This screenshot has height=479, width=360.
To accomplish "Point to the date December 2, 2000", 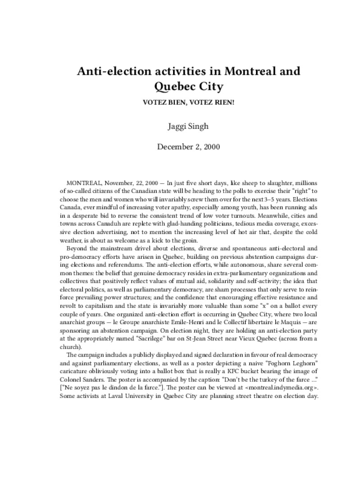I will coord(180,147).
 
